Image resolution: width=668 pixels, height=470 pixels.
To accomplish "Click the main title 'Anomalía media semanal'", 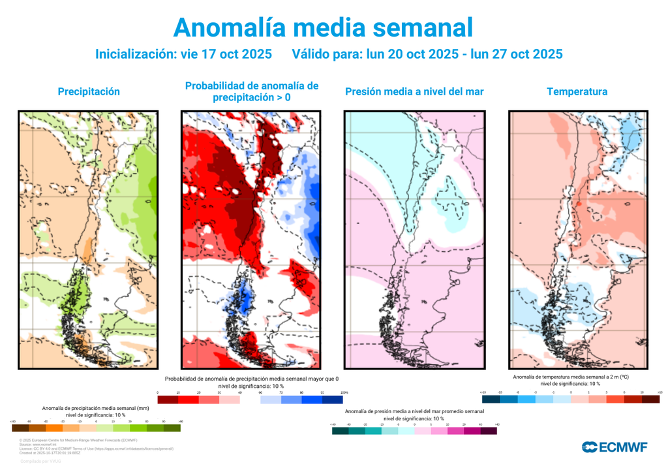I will pyautogui.click(x=322, y=27).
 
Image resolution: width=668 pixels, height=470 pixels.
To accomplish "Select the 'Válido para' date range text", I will pyautogui.click(x=427, y=54).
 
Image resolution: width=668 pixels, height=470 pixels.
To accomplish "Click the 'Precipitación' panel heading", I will pyautogui.click(x=89, y=91).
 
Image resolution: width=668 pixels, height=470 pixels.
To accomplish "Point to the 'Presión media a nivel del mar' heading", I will pyautogui.click(x=414, y=91).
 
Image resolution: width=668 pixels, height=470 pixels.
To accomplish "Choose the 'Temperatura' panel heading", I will pyautogui.click(x=577, y=91).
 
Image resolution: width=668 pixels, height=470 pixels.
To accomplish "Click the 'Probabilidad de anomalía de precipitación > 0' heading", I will pyautogui.click(x=252, y=91).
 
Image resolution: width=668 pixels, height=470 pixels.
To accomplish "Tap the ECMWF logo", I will pyautogui.click(x=614, y=447).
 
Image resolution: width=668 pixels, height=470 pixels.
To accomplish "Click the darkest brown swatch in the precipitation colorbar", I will pyautogui.click(x=20, y=428).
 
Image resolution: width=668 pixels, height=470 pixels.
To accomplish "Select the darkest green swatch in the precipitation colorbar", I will pyautogui.click(x=172, y=428).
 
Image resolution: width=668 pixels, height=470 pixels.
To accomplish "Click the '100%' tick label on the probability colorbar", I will pyautogui.click(x=344, y=392).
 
